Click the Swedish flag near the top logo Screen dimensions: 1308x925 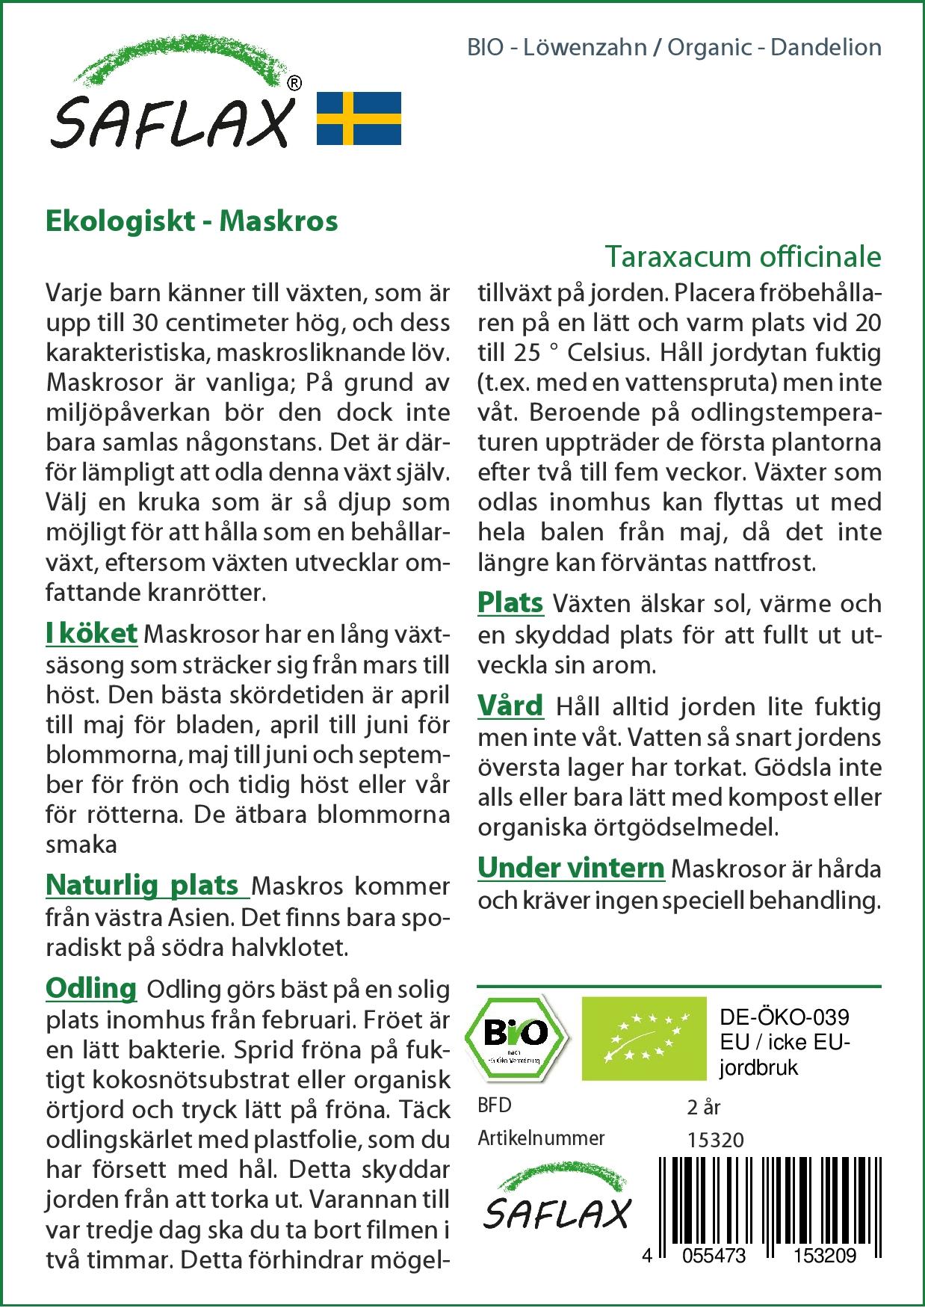[x=359, y=118]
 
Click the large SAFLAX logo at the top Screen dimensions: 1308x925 [x=172, y=105]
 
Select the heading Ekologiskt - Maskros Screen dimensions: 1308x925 [x=192, y=221]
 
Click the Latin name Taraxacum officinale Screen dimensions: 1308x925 [x=743, y=256]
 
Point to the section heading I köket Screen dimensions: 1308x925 [x=91, y=633]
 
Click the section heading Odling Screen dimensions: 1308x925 [x=91, y=988]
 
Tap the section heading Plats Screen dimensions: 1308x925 [x=510, y=602]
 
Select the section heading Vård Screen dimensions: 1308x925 [x=510, y=706]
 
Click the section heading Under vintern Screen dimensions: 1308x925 [x=571, y=868]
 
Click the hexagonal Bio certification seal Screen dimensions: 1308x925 [x=516, y=1037]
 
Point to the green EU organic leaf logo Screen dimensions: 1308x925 [x=644, y=1037]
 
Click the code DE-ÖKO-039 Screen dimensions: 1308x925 [x=785, y=1017]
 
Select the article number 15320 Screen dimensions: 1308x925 [x=715, y=1140]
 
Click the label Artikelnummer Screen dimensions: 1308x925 [x=541, y=1138]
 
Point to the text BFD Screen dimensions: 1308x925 [x=495, y=1105]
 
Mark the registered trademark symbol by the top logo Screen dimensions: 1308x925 [x=294, y=84]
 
